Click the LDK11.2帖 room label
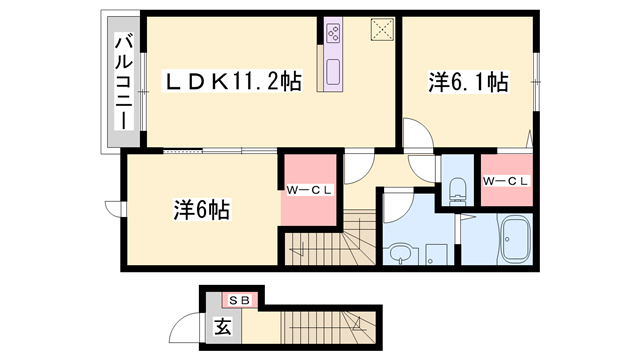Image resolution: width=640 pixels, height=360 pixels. [x=232, y=81]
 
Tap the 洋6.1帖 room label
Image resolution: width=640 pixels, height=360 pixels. [x=468, y=82]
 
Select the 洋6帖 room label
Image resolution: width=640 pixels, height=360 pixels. [x=202, y=210]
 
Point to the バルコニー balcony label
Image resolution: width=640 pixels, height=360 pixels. [x=124, y=83]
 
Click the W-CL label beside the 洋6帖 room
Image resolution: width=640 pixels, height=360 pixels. [x=309, y=190]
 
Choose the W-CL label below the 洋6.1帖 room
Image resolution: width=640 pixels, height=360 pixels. [x=506, y=181]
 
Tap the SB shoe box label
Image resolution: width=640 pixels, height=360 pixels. [x=239, y=301]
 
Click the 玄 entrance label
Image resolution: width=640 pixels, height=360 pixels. [x=224, y=326]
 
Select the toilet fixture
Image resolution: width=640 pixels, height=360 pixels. [x=457, y=191]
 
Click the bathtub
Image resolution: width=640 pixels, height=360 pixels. [x=515, y=239]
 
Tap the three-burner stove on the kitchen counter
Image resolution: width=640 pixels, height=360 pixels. [x=333, y=33]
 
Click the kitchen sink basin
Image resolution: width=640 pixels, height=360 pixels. [x=333, y=72]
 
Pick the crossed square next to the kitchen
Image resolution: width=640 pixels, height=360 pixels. [x=382, y=29]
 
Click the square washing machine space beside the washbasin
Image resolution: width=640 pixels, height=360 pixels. [x=436, y=255]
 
